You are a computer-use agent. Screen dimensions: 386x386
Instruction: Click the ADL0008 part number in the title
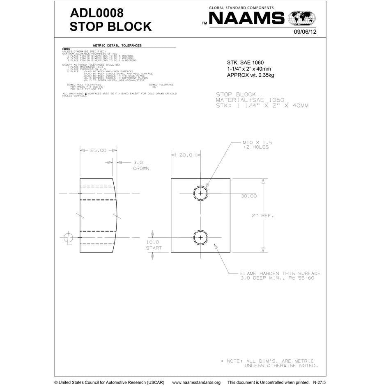(97, 12)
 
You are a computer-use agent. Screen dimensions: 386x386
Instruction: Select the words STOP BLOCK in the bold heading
(110, 27)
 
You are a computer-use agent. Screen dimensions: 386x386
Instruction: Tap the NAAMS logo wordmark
(247, 18)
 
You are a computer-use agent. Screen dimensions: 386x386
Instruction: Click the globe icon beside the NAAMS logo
(302, 18)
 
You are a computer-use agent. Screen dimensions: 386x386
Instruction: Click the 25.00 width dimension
(98, 150)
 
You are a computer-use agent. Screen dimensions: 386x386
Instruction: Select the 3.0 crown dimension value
(138, 162)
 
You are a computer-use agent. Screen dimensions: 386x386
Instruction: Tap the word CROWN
(141, 168)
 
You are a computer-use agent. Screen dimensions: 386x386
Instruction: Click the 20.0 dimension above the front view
(185, 155)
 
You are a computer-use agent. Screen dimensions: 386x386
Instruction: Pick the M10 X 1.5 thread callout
(257, 142)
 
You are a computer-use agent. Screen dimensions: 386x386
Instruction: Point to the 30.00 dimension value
(249, 196)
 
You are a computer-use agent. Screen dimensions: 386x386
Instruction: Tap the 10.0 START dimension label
(154, 245)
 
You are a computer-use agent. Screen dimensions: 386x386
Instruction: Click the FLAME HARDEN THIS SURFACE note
(280, 273)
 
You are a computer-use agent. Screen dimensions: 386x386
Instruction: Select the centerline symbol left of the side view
(68, 238)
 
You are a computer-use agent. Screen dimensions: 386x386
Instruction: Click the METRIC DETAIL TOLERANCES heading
(117, 46)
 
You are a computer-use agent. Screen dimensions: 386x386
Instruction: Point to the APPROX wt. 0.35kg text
(250, 75)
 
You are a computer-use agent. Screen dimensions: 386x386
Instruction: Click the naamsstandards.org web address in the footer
(196, 382)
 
